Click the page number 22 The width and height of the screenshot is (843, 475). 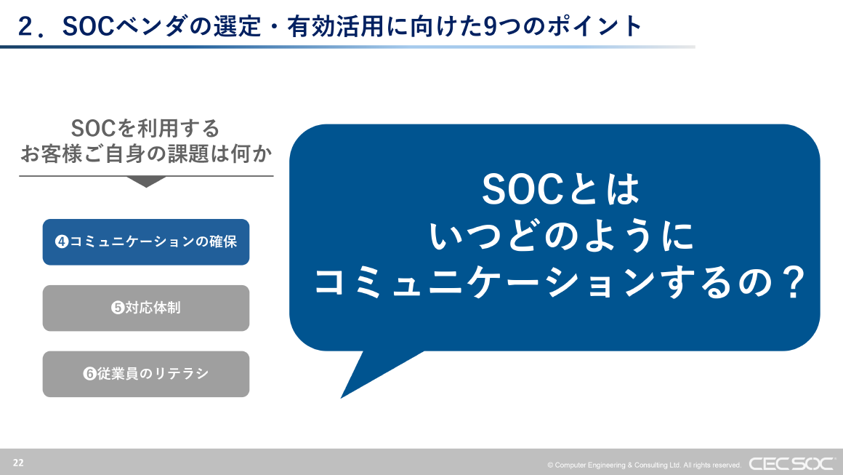(x=17, y=463)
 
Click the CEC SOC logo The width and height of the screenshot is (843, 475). (x=791, y=463)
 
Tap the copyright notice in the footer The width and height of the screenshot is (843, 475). (x=644, y=465)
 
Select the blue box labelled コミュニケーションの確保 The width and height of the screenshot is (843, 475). (x=146, y=242)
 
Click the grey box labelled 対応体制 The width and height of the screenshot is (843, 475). (x=146, y=308)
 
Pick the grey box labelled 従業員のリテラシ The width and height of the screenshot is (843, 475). (x=146, y=374)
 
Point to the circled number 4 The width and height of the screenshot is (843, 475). (x=62, y=242)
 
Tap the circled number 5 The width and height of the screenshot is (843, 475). (x=117, y=308)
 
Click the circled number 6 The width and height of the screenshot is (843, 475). (x=90, y=374)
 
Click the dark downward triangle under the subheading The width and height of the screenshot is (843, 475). (x=146, y=182)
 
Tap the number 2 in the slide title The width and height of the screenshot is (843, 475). (x=26, y=26)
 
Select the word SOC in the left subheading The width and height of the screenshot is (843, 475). (x=94, y=129)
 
